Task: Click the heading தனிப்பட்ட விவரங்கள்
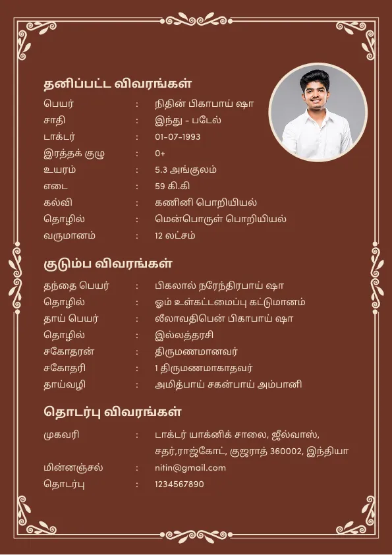[118, 84]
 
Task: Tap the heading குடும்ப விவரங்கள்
[108, 264]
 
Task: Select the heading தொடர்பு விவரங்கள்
[113, 413]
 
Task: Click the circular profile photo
[318, 112]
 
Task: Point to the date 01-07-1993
[178, 137]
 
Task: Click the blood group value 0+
[160, 154]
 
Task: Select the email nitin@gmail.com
[190, 468]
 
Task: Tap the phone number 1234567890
[179, 484]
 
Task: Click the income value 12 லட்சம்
[175, 235]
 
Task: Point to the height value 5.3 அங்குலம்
[186, 170]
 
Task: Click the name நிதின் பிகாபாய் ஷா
[204, 104]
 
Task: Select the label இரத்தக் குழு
[74, 154]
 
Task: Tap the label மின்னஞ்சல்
[73, 468]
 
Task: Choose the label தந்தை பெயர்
[76, 286]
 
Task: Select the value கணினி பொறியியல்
[206, 202]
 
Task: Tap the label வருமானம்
[69, 235]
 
